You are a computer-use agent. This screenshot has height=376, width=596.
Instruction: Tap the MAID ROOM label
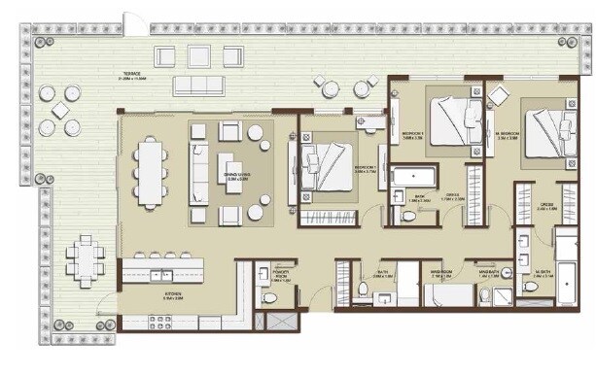click(x=442, y=275)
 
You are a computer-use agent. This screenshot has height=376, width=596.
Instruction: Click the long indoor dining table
click(x=151, y=173)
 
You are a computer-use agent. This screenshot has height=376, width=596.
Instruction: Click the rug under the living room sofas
click(x=231, y=173)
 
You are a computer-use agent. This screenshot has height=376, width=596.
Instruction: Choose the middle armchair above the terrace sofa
click(x=198, y=55)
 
